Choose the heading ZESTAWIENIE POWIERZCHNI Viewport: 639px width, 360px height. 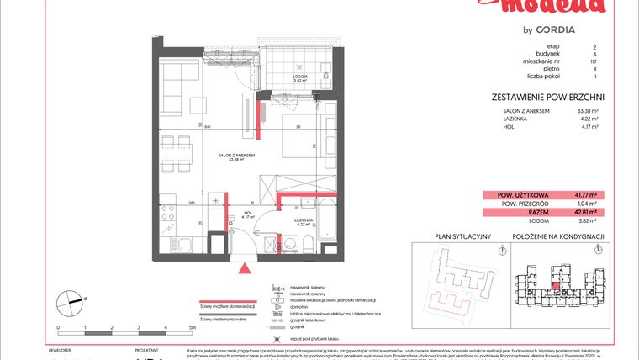tap(548, 97)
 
